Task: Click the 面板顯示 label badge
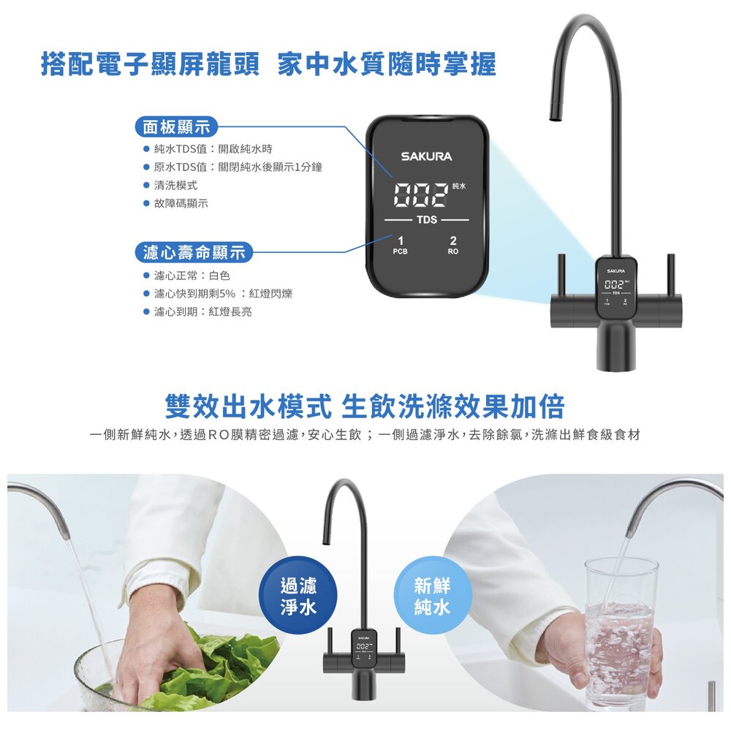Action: pyautogui.click(x=176, y=127)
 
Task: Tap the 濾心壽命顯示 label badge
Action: pyautogui.click(x=194, y=254)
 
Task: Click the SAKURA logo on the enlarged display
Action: pyautogui.click(x=426, y=156)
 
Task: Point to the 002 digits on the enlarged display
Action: pyautogui.click(x=420, y=194)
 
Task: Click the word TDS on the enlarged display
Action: pyautogui.click(x=427, y=219)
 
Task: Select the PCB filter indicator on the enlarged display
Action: pyautogui.click(x=400, y=245)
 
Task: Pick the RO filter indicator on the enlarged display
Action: pyautogui.click(x=453, y=245)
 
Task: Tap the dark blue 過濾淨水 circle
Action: pyautogui.click(x=298, y=596)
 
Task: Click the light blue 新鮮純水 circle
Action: pyautogui.click(x=432, y=596)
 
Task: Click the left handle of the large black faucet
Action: pyautogui.click(x=561, y=274)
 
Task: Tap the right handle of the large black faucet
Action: pyautogui.click(x=670, y=274)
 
